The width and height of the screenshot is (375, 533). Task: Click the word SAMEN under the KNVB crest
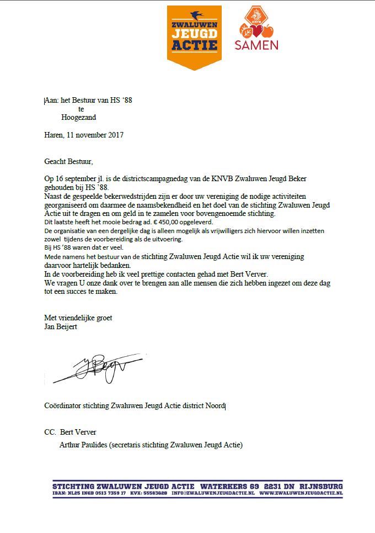click(x=256, y=45)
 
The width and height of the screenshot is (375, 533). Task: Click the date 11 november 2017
click(x=95, y=135)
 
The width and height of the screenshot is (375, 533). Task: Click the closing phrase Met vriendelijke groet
click(x=78, y=318)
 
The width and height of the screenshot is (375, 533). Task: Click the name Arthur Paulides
click(x=83, y=445)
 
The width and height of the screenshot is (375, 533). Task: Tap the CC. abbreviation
click(x=50, y=432)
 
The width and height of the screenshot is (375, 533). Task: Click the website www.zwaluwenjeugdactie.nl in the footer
click(x=301, y=493)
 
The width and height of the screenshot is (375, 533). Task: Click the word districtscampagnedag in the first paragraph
click(x=141, y=180)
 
